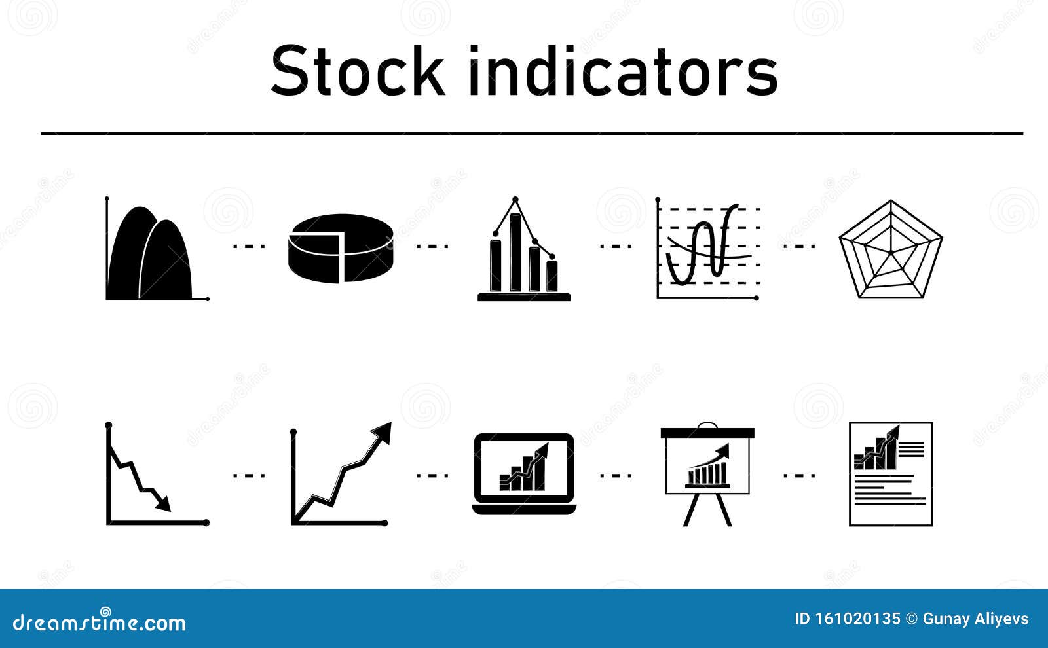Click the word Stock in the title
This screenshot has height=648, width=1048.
point(358,71)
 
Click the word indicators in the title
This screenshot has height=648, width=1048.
point(622,71)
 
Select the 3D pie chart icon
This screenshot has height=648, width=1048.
point(341,249)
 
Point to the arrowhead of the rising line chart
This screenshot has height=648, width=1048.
point(383,432)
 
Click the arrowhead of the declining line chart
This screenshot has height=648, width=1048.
point(164,505)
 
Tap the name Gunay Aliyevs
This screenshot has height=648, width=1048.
point(975,619)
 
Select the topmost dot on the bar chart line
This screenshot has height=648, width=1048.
point(515,199)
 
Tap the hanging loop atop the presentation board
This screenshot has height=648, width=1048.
point(707,425)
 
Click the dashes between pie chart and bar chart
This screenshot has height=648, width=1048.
point(432,246)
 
